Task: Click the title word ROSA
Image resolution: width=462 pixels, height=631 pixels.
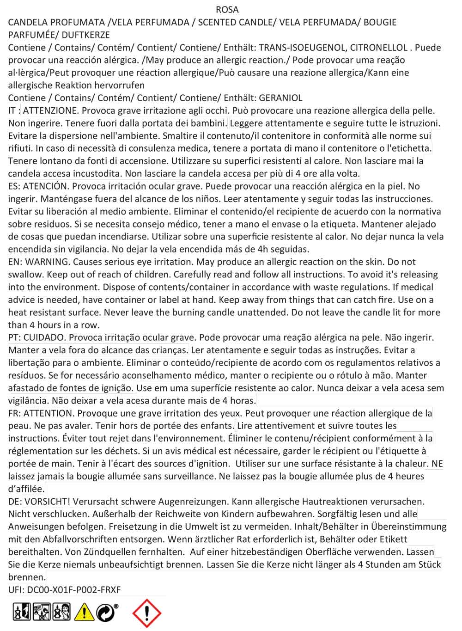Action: click(227, 9)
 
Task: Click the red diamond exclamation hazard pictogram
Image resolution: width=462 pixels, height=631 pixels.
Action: click(146, 613)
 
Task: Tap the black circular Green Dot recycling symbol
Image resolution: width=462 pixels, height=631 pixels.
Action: click(106, 612)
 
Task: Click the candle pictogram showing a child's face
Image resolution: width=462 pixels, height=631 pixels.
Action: click(62, 612)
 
